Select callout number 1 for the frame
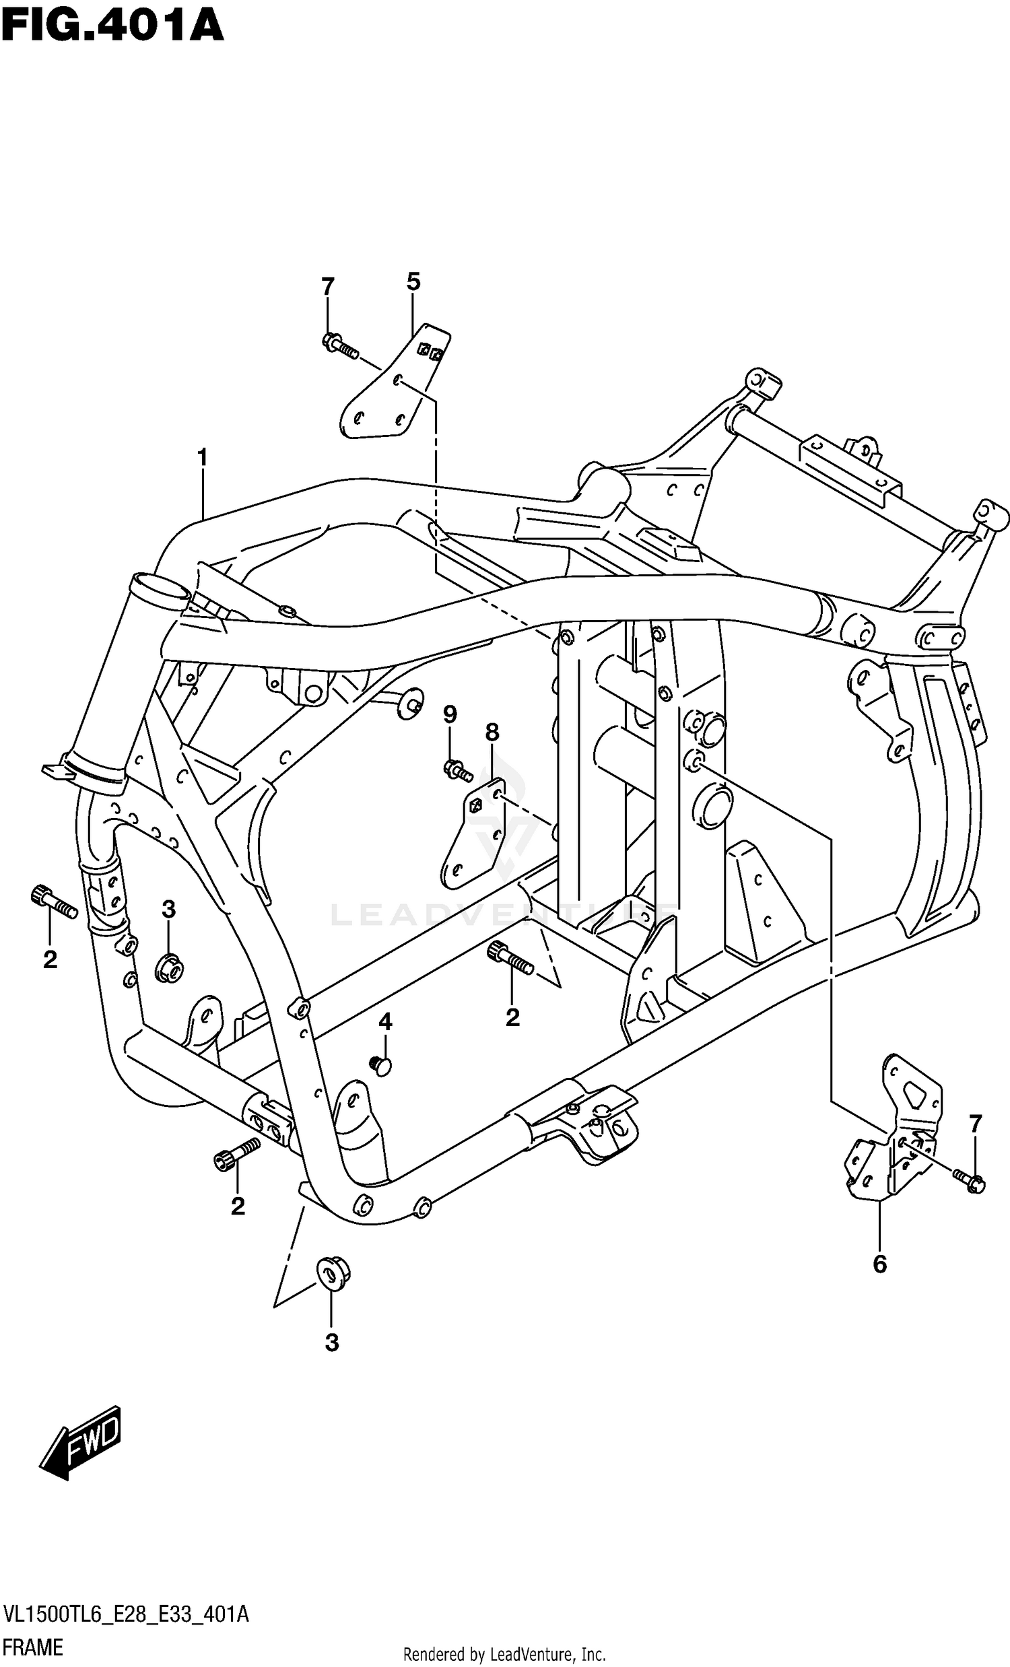click(x=202, y=458)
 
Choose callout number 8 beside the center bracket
click(x=492, y=732)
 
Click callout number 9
click(x=450, y=714)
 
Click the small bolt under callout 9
click(x=457, y=770)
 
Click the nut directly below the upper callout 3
click(x=168, y=968)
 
